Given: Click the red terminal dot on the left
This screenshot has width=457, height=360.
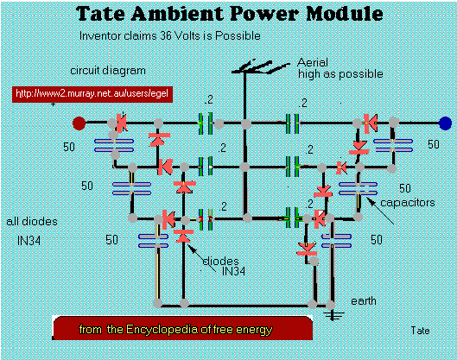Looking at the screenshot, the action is pos(79,123).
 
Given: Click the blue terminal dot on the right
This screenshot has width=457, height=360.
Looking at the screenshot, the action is pos(445,123).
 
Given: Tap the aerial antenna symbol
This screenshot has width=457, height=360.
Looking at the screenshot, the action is pos(260,67).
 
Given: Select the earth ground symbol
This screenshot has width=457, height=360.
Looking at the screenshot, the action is pos(333,315).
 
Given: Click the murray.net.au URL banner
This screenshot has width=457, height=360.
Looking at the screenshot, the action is pos(92,94).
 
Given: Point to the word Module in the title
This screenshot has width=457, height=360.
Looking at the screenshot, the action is pos(345,14).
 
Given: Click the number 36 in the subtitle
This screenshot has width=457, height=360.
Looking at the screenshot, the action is pos(166,35).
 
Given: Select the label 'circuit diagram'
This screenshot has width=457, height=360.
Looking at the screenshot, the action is pos(108,71).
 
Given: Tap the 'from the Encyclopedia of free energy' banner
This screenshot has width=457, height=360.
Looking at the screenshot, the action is pos(182,328).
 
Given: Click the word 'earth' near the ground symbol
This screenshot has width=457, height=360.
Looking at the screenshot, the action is pos(364,301).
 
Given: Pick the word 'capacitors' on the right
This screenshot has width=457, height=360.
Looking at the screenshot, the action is pos(408,203).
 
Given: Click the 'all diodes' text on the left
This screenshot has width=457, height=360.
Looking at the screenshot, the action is pos(32,221).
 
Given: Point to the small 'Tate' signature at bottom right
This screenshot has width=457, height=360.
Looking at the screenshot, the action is pos(420,331).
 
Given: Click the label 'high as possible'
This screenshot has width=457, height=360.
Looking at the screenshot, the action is pos(340,74).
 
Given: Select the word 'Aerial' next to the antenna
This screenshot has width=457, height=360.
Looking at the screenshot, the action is pos(313,62).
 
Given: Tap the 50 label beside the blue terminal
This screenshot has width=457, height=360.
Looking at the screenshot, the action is pos(434,144).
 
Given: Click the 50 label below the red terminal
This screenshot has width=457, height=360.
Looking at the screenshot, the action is pos(69,147).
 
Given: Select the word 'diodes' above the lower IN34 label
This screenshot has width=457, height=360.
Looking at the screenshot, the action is pos(220,261).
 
